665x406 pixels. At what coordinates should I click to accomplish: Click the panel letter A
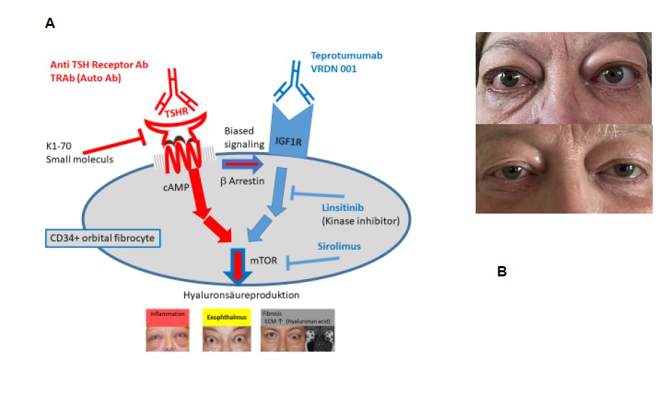[x=50, y=24]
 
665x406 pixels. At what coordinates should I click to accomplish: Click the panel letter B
[x=502, y=272]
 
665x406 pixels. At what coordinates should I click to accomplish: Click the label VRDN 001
[x=334, y=69]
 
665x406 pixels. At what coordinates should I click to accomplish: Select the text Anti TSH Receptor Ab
[x=99, y=65]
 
